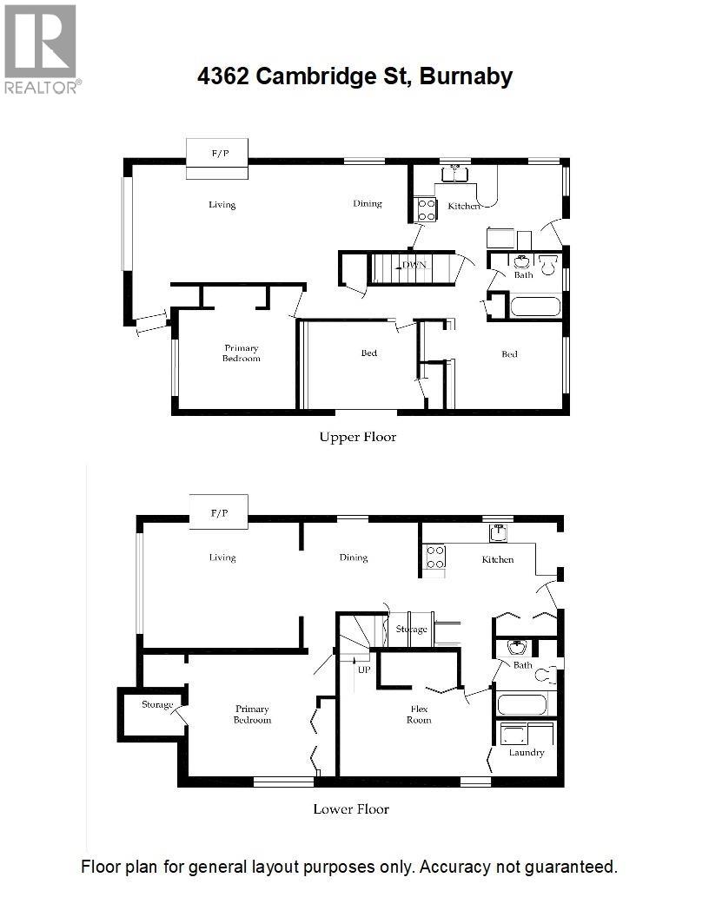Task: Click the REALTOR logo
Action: pyautogui.click(x=41, y=49)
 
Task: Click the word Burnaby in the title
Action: pyautogui.click(x=466, y=76)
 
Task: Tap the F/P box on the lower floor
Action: pyautogui.click(x=218, y=512)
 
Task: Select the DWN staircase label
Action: pyautogui.click(x=414, y=265)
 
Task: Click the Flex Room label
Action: pyautogui.click(x=421, y=714)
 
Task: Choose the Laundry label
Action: pyautogui.click(x=527, y=752)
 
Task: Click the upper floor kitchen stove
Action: pyautogui.click(x=427, y=209)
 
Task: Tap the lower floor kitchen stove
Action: pyautogui.click(x=434, y=557)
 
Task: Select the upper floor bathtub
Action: pyautogui.click(x=535, y=307)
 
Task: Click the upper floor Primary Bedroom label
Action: pyautogui.click(x=241, y=353)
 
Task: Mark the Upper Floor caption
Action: pyautogui.click(x=358, y=437)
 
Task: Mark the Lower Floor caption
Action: pyautogui.click(x=351, y=808)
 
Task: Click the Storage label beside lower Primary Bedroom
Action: pyautogui.click(x=157, y=704)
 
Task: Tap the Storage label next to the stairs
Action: pyautogui.click(x=411, y=629)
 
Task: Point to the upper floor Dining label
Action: pyautogui.click(x=368, y=204)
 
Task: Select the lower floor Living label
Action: pyautogui.click(x=222, y=557)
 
